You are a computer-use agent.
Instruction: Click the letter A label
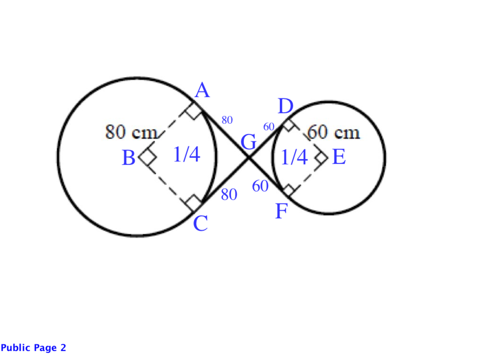[x=203, y=90]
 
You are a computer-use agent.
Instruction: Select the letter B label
[x=128, y=158]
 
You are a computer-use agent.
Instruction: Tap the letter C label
[x=200, y=223]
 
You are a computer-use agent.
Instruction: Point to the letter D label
[x=286, y=106]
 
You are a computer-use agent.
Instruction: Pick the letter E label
[x=339, y=157]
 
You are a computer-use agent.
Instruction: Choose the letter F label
[x=281, y=211]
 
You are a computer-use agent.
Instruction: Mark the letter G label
[x=249, y=142]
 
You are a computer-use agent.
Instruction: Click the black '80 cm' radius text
[x=132, y=132]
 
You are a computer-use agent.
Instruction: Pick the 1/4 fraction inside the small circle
[x=294, y=157]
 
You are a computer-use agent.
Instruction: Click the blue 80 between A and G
[x=227, y=120]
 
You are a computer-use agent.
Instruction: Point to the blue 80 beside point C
[x=229, y=194]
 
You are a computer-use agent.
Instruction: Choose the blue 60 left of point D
[x=269, y=126]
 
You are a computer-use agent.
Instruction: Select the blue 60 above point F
[x=260, y=186]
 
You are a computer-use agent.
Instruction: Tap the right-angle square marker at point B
[x=148, y=157]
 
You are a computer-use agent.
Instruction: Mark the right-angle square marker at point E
[x=322, y=158]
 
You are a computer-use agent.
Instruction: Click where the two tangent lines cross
[x=249, y=158]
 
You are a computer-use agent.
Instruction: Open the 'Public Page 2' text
[x=33, y=348]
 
